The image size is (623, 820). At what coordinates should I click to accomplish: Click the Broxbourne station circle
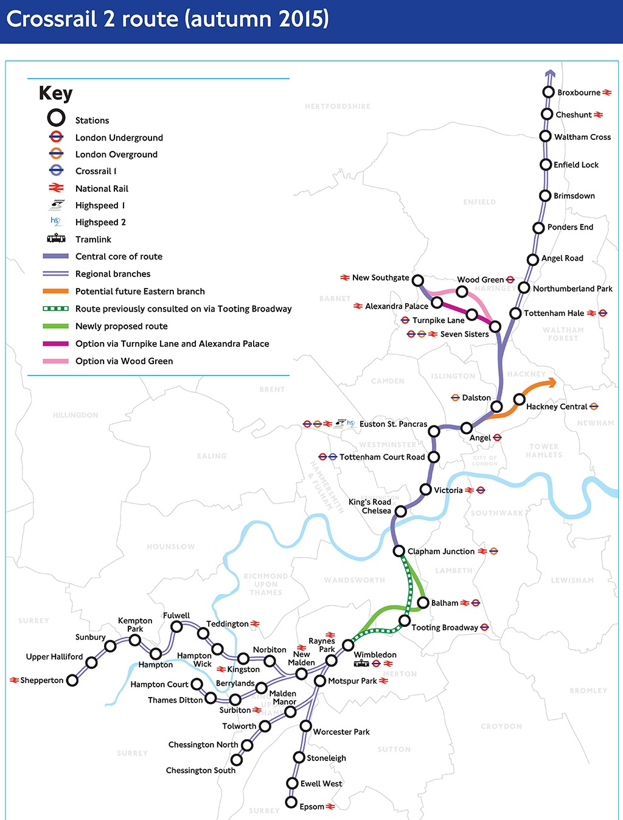click(x=548, y=92)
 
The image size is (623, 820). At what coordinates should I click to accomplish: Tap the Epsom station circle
click(x=291, y=802)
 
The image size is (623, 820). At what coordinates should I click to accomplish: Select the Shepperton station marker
click(x=72, y=680)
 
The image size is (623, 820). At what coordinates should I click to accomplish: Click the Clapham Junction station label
click(x=440, y=552)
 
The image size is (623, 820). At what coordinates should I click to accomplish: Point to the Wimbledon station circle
click(x=348, y=645)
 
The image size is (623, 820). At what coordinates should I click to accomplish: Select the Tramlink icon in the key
click(x=56, y=239)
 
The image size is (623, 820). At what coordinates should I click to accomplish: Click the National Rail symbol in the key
click(x=56, y=188)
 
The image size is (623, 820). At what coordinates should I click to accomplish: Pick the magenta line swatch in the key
click(x=55, y=344)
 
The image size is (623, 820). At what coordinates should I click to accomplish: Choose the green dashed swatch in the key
click(x=55, y=309)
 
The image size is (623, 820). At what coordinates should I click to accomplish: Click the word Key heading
click(x=55, y=93)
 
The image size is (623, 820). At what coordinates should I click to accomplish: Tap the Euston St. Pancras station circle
click(x=434, y=431)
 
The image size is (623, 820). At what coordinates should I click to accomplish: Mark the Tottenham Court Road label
click(x=381, y=457)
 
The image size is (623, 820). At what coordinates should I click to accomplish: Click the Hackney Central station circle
click(x=519, y=399)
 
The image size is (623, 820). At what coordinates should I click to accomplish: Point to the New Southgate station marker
click(x=417, y=280)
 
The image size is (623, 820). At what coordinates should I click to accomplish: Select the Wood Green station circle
click(x=462, y=292)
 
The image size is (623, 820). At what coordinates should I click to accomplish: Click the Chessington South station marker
click(x=237, y=760)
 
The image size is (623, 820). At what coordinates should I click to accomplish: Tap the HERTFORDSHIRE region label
click(x=338, y=107)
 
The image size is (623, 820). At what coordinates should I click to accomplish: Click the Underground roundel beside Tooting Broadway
click(x=485, y=627)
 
